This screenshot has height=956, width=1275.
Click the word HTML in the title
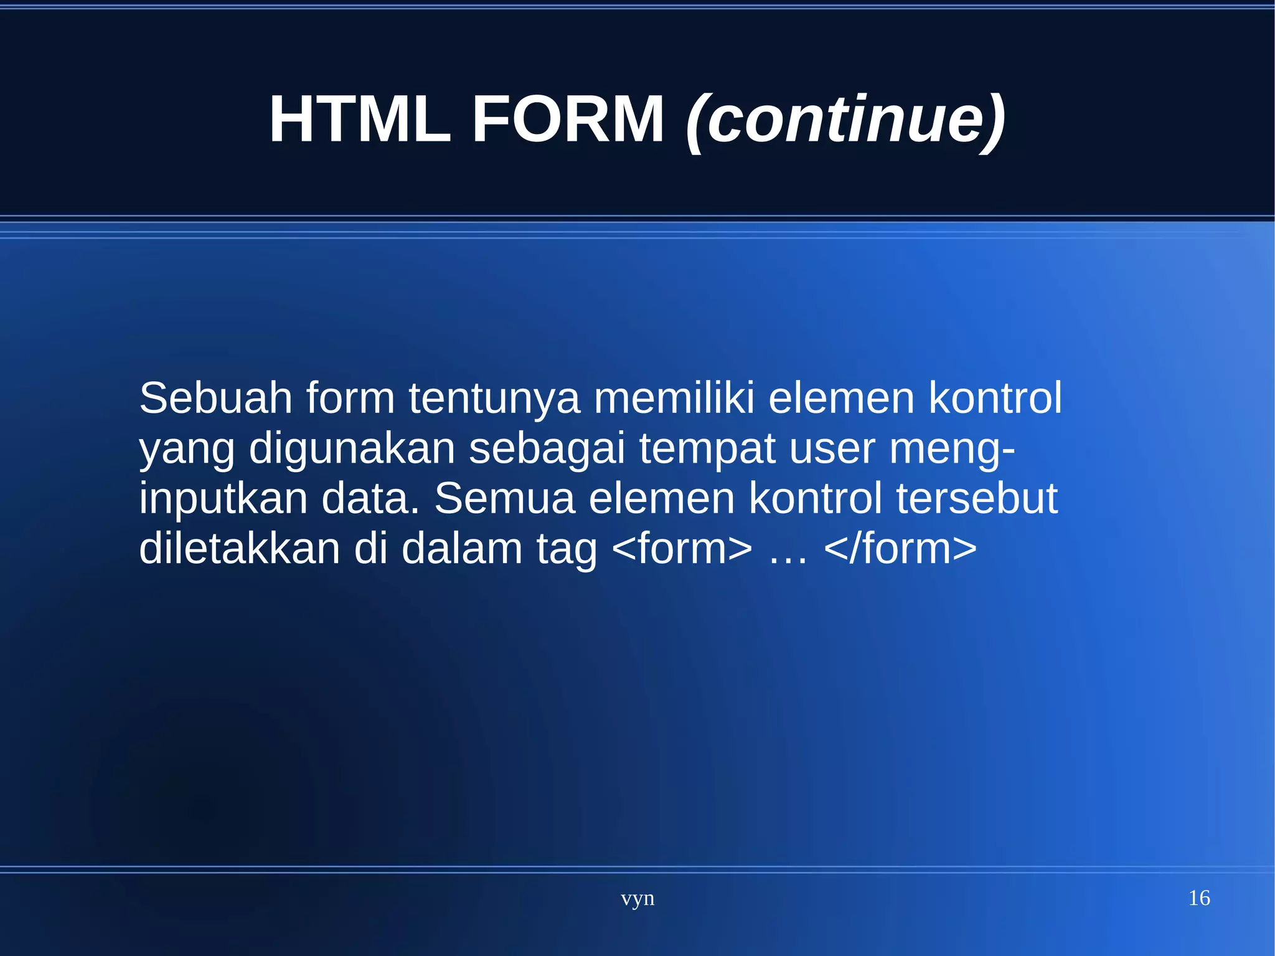tap(359, 119)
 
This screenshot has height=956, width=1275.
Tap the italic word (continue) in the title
tap(845, 120)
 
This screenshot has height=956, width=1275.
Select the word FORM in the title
tap(568, 119)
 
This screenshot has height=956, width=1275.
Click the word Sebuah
tap(215, 398)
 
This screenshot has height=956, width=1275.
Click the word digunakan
tap(352, 448)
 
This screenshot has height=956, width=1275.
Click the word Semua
tap(504, 499)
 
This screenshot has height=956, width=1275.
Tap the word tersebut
tap(977, 499)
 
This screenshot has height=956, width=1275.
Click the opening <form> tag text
tap(682, 549)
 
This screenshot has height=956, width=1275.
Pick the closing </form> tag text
tap(900, 549)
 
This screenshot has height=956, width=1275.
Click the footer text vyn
tap(637, 898)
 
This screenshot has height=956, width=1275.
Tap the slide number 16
tap(1198, 897)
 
